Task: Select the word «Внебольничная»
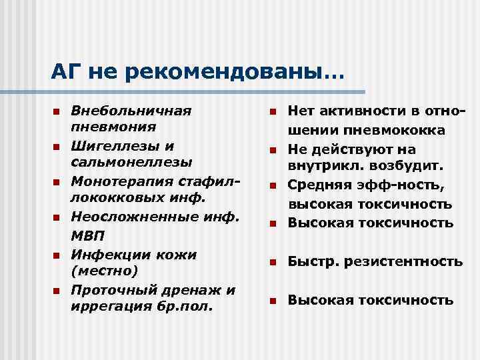coord(131,109)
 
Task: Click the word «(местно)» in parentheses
coord(104,271)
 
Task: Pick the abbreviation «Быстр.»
coord(311,262)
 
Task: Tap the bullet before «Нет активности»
coord(272,111)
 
